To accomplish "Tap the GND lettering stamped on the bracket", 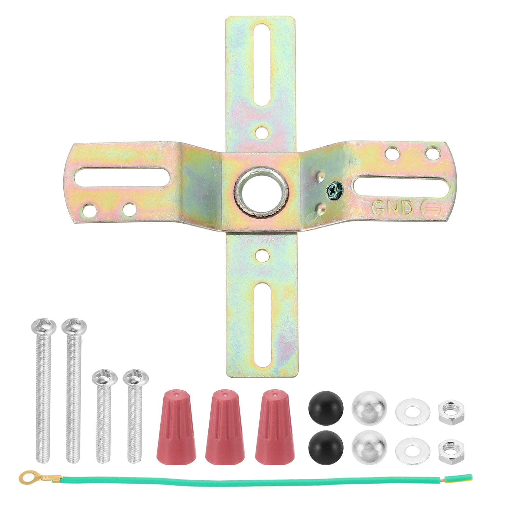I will tap(392, 208).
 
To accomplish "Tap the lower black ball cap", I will tap(325, 444).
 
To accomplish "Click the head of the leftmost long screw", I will tap(44, 327).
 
